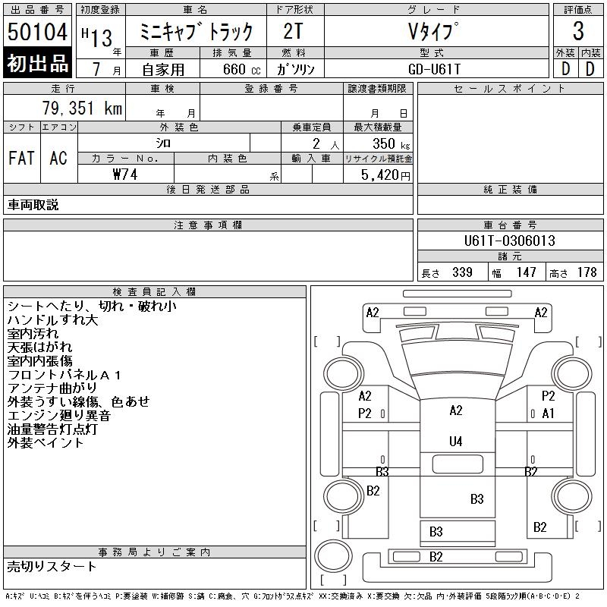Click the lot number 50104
[37, 32]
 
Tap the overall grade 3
[578, 30]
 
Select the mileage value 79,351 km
[82, 108]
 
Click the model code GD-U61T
[434, 69]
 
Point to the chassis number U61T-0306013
[509, 241]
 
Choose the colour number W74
[125, 175]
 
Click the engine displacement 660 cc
[241, 69]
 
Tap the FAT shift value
[22, 158]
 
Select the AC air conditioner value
[58, 158]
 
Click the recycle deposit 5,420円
[385, 175]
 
